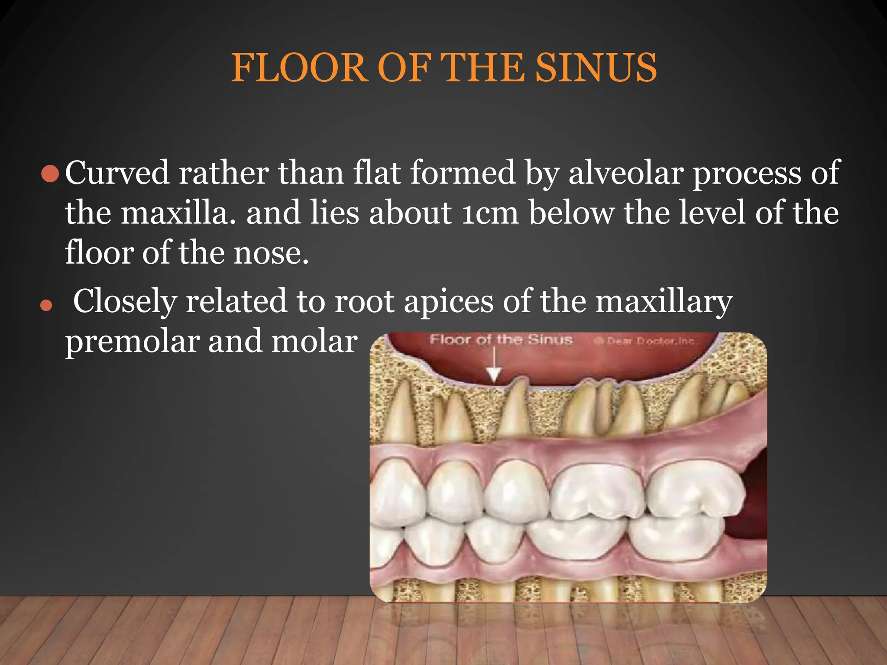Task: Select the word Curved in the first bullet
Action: point(117,173)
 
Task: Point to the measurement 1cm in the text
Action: point(489,213)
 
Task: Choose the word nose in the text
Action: point(271,253)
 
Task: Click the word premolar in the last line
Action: point(132,342)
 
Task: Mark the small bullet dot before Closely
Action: point(46,306)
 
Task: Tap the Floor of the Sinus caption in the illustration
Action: point(501,340)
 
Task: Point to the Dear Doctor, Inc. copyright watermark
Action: point(645,341)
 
